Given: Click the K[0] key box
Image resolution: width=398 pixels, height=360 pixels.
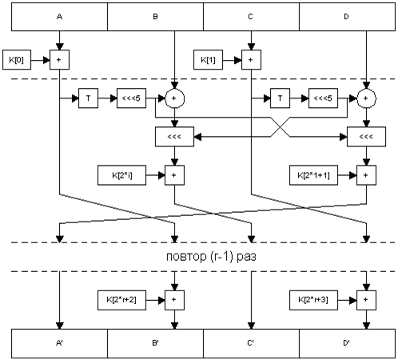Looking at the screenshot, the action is click(17, 60).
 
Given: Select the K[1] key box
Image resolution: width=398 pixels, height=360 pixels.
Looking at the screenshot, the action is click(208, 60).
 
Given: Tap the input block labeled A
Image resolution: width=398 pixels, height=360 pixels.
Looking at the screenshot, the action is click(59, 17).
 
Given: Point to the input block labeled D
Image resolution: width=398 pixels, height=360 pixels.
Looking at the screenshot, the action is click(347, 17).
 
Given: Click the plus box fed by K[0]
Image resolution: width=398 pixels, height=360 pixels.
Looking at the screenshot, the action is click(59, 60).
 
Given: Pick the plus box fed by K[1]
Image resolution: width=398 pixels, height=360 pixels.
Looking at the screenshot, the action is click(251, 60).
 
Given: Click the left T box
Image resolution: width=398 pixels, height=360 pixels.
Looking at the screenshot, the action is click(88, 98).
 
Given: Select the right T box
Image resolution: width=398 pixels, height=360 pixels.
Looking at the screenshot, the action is click(280, 98).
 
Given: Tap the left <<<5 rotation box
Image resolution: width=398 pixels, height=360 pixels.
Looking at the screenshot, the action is click(131, 98).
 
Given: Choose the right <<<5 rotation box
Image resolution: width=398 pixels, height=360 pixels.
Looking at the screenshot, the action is click(323, 98).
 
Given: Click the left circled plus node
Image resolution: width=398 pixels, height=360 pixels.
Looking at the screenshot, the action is click(175, 98).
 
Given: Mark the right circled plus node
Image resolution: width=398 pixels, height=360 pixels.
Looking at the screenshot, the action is click(366, 98).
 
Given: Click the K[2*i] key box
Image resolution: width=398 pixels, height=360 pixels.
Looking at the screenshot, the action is click(121, 175).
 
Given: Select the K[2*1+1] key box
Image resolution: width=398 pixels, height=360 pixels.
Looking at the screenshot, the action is click(313, 175).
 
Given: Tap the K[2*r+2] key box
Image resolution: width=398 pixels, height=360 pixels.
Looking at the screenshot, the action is click(121, 300).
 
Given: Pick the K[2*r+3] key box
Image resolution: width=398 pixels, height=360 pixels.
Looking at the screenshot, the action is click(313, 300).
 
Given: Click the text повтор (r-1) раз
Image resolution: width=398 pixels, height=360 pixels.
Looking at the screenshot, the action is click(211, 257).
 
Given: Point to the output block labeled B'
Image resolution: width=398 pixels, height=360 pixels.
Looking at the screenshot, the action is click(155, 343).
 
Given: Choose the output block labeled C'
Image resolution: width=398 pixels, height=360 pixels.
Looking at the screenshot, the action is click(251, 343).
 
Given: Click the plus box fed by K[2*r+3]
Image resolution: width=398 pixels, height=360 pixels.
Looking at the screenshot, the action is click(366, 300).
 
